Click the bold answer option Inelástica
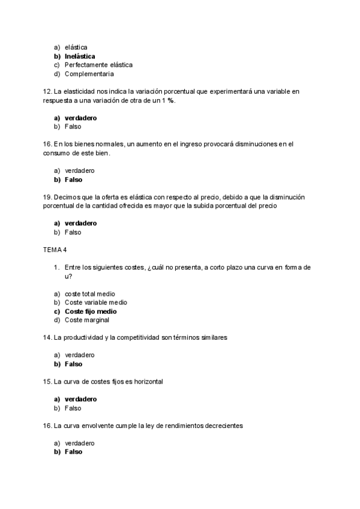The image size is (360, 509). coord(80,56)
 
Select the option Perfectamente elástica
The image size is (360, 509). coord(98,65)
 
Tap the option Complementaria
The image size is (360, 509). coord(89,74)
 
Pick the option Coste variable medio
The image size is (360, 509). coord(95,303)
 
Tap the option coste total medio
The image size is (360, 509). coord(90,294)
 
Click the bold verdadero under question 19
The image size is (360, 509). coord(80,223)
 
